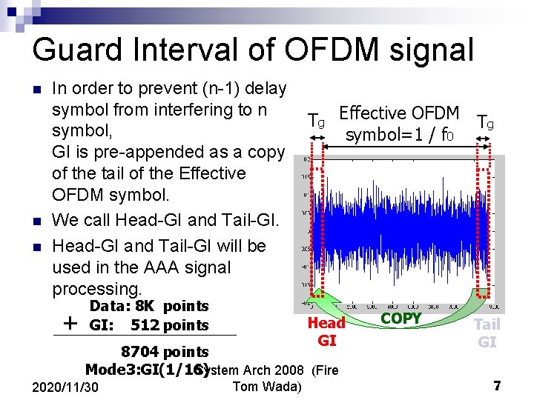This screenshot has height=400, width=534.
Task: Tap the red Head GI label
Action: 326,331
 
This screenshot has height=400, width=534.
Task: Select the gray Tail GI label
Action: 487,333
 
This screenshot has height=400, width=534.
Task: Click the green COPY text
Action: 400,319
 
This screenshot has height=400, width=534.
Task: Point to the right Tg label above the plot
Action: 486,121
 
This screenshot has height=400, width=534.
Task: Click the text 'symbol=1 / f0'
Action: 398,136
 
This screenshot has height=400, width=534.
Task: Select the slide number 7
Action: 498,386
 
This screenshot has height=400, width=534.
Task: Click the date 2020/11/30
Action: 67,387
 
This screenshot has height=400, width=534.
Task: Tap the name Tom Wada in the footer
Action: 267,386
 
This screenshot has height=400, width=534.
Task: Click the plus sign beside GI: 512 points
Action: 70,323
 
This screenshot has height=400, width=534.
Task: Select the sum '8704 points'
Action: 165,351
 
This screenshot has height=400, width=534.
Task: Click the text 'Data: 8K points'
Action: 149,306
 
